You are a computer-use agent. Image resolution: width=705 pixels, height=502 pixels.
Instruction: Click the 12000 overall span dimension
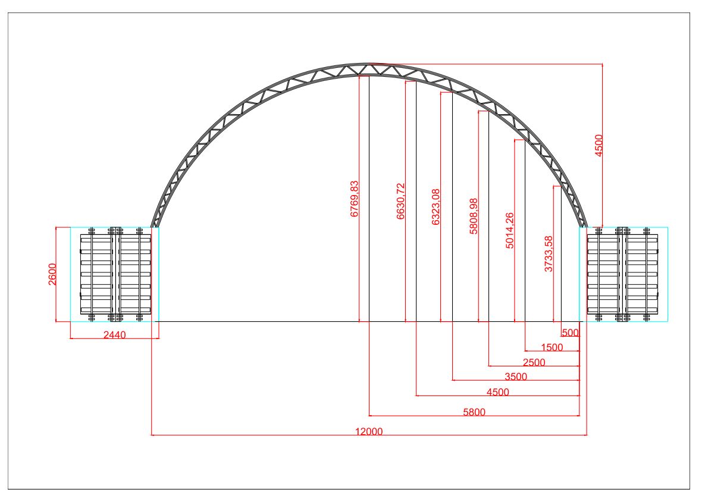369,431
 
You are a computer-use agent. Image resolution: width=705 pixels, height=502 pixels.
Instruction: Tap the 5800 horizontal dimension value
474,412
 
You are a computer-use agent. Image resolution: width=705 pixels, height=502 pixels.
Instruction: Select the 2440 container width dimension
115,335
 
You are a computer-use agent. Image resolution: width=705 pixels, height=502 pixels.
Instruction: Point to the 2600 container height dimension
52,274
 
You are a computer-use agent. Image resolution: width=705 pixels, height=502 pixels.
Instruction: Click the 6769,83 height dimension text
355,199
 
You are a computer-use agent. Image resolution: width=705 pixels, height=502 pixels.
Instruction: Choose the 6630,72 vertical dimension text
400,201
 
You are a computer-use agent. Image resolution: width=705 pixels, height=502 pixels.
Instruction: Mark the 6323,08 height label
435,207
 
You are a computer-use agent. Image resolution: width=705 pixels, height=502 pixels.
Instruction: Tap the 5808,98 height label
474,216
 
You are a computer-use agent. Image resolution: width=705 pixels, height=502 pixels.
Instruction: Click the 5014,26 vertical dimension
509,231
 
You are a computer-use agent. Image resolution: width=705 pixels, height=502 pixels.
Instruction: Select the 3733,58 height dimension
549,253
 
